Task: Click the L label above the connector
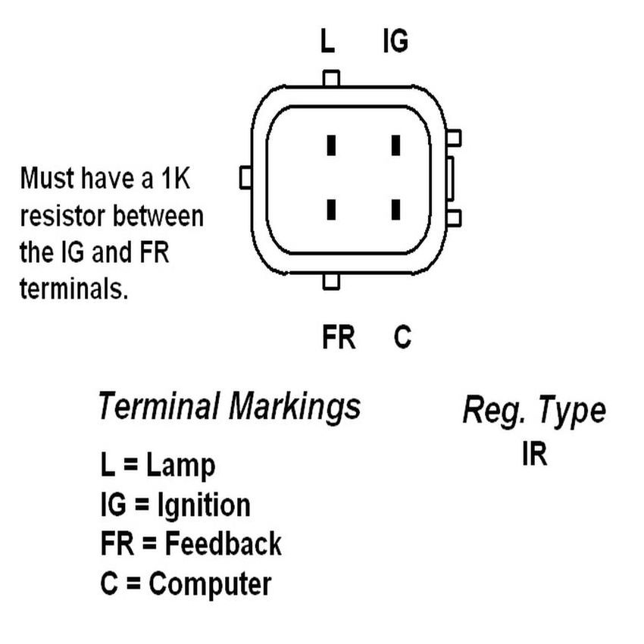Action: (x=327, y=42)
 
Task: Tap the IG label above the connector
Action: (x=395, y=42)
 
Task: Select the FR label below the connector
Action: (x=338, y=338)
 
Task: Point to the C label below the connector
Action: (x=402, y=338)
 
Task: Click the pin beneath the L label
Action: (x=331, y=145)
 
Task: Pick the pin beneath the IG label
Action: (x=395, y=145)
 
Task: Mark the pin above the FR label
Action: (x=331, y=208)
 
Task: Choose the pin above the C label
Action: (x=395, y=208)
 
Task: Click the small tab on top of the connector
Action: (x=331, y=78)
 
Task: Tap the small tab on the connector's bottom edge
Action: (x=331, y=282)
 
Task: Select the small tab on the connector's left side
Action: (x=245, y=178)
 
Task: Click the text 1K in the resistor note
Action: (x=177, y=180)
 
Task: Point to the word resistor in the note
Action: (x=63, y=217)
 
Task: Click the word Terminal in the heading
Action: (x=158, y=407)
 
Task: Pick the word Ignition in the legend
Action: (x=202, y=505)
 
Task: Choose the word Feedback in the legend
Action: (x=223, y=544)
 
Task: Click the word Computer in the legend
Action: (x=210, y=584)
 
